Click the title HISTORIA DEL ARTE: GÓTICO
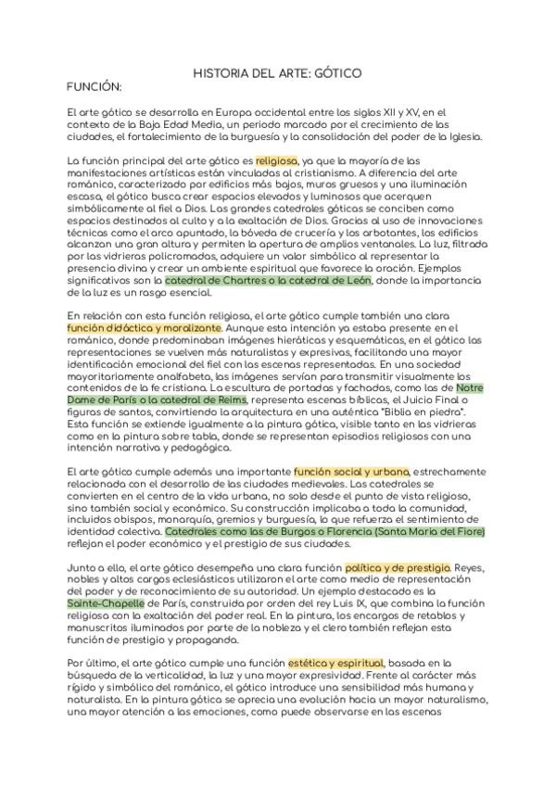pyautogui.click(x=277, y=71)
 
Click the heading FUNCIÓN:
pyautogui.click(x=95, y=86)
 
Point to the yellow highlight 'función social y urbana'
pyautogui.click(x=352, y=472)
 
